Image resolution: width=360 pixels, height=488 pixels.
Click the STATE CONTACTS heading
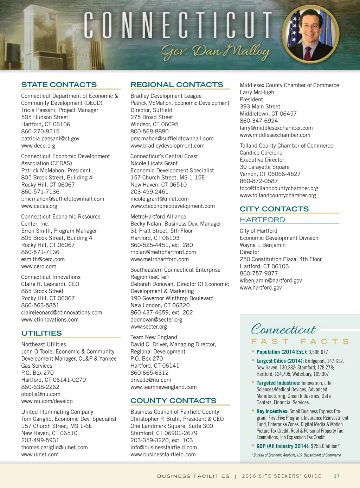pyautogui.click(x=59, y=85)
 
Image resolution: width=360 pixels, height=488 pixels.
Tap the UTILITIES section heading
pyautogui.click(x=41, y=333)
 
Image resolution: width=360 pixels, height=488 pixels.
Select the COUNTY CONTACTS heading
pyautogui.click(x=173, y=401)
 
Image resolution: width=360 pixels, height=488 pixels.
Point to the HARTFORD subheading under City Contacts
pyautogui.click(x=262, y=220)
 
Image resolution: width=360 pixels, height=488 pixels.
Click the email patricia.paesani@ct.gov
pyautogui.click(x=50, y=139)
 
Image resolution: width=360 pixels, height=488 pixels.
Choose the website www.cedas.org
pyautogui.click(x=39, y=206)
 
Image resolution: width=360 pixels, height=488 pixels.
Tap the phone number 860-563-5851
pyautogui.click(x=40, y=305)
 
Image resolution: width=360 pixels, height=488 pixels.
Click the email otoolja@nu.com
pyautogui.click(x=41, y=394)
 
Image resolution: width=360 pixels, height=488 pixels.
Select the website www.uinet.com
pyautogui.click(x=40, y=455)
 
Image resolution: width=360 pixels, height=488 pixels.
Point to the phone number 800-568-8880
pyautogui.click(x=149, y=131)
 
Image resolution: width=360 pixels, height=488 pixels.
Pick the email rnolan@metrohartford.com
pyautogui.click(x=163, y=252)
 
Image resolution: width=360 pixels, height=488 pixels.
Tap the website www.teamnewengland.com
pyautogui.click(x=163, y=387)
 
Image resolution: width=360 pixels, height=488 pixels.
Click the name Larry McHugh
pyautogui.click(x=257, y=93)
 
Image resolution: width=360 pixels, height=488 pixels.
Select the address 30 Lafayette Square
pyautogui.click(x=265, y=167)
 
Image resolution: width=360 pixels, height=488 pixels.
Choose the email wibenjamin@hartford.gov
pyautogui.click(x=271, y=281)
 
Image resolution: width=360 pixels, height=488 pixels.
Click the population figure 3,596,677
pyautogui.click(x=318, y=352)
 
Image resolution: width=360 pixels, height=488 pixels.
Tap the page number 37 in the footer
pyautogui.click(x=336, y=476)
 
